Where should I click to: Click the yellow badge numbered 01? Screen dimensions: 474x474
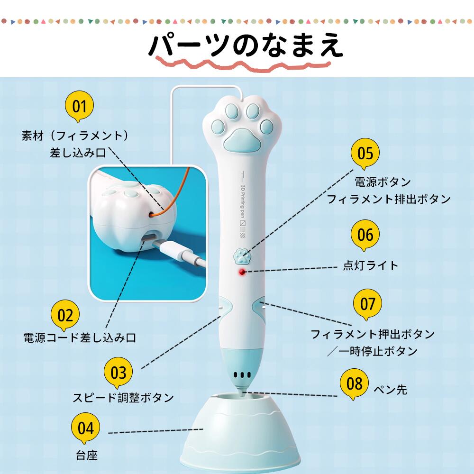(79, 106)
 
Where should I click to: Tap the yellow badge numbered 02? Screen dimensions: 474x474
(65, 315)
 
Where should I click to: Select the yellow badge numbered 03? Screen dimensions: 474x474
(118, 372)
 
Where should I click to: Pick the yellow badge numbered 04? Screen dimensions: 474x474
(85, 428)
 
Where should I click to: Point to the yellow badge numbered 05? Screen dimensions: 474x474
(365, 153)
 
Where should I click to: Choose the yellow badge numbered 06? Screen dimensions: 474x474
(365, 235)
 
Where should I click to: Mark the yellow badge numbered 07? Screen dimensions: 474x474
(368, 304)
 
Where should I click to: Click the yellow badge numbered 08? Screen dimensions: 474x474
(354, 383)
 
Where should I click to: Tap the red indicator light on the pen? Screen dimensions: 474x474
(242, 272)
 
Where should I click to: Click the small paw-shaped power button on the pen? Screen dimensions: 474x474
(242, 256)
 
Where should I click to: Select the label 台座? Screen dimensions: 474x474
(87, 455)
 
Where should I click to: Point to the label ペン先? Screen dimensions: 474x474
(391, 389)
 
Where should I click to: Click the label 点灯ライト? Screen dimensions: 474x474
(371, 265)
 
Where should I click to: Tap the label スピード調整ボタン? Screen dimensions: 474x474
(123, 397)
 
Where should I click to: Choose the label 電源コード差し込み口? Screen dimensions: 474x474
(80, 337)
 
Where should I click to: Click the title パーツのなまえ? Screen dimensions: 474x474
(246, 46)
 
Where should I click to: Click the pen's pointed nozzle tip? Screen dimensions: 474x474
(243, 392)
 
